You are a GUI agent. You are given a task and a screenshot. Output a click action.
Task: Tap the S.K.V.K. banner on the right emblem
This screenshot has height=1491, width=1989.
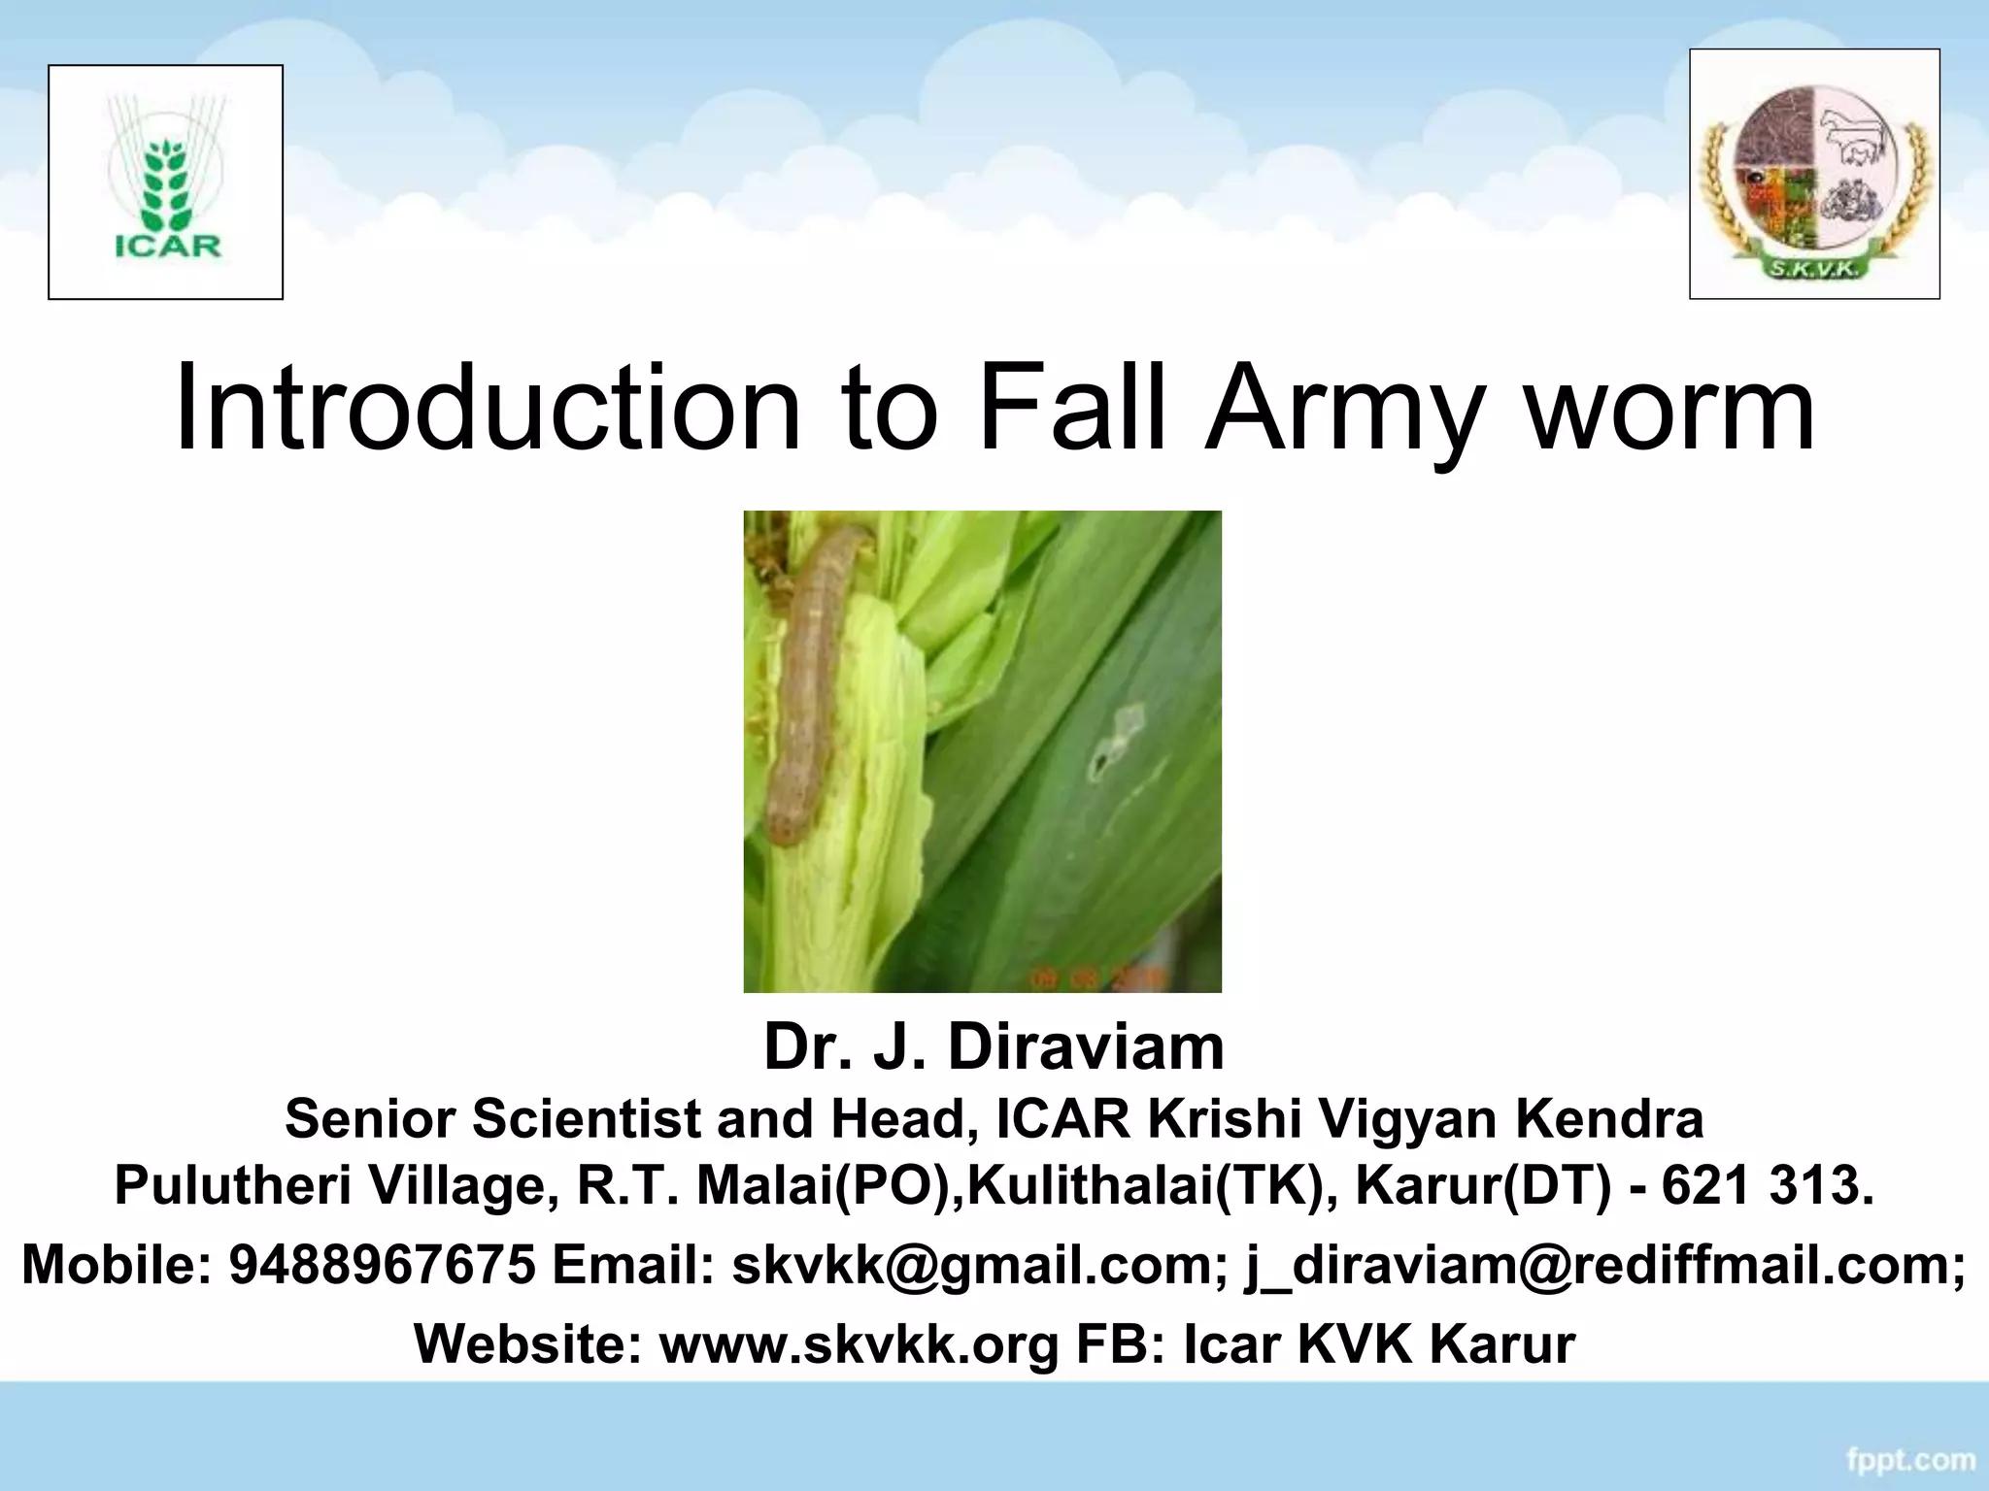[x=1812, y=268]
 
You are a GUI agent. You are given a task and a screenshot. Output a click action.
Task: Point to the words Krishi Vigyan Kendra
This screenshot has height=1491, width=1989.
[x=1425, y=1119]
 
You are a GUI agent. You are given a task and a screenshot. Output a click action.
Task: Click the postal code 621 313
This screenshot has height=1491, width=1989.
[x=1767, y=1185]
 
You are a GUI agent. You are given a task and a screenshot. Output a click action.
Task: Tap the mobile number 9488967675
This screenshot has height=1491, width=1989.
[x=382, y=1265]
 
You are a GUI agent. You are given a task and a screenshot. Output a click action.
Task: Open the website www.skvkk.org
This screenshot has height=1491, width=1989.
[x=859, y=1344]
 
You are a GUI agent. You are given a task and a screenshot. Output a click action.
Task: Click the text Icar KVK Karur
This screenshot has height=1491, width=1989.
[x=1378, y=1344]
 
